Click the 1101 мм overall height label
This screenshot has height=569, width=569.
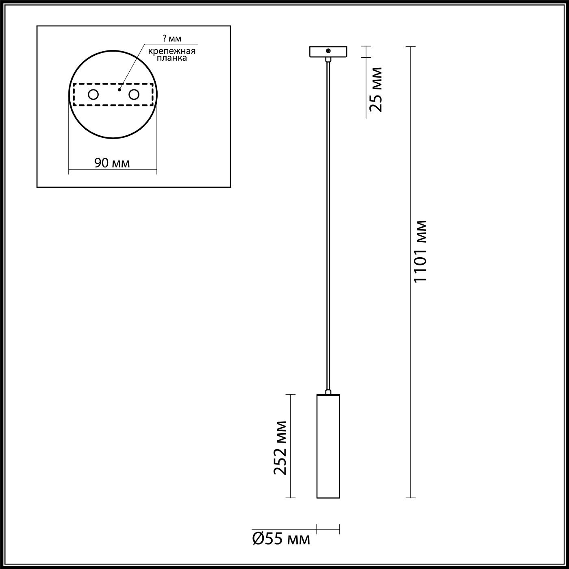pyautogui.click(x=421, y=251)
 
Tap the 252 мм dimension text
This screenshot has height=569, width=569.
pyautogui.click(x=280, y=447)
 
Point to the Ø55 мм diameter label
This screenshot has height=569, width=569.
pyautogui.click(x=281, y=539)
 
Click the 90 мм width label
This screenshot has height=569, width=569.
pyautogui.click(x=112, y=163)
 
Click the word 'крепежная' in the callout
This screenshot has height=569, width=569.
pyautogui.click(x=172, y=51)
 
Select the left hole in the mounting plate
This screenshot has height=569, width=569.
pyautogui.click(x=93, y=95)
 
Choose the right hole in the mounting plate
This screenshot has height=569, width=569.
pyautogui.click(x=134, y=95)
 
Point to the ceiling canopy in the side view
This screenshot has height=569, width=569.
pyautogui.click(x=328, y=52)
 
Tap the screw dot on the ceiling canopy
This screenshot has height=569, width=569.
pyautogui.click(x=328, y=51)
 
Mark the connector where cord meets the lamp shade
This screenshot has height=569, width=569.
pyautogui.click(x=328, y=392)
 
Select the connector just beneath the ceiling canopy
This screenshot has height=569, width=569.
pyautogui.click(x=328, y=59)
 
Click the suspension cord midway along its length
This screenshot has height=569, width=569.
pyautogui.click(x=328, y=224)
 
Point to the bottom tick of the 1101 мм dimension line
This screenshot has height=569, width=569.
pyautogui.click(x=410, y=497)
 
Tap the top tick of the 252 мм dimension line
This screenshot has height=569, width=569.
pyautogui.click(x=290, y=394)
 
